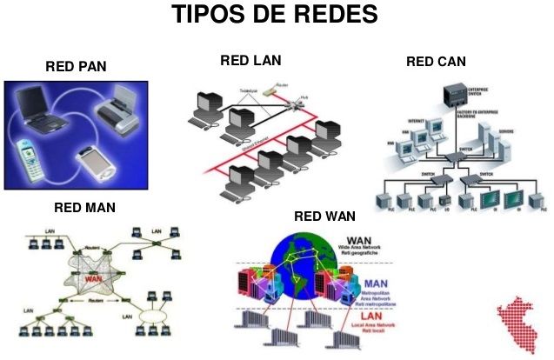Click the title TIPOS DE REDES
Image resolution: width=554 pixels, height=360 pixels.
tap(275, 15)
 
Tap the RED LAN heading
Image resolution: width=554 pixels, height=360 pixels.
tap(250, 60)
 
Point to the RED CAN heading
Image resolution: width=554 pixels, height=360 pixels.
tap(436, 61)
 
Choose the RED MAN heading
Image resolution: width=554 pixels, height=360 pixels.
tap(84, 208)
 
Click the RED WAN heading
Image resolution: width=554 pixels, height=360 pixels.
tap(324, 217)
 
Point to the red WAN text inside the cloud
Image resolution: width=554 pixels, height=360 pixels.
tap(97, 279)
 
